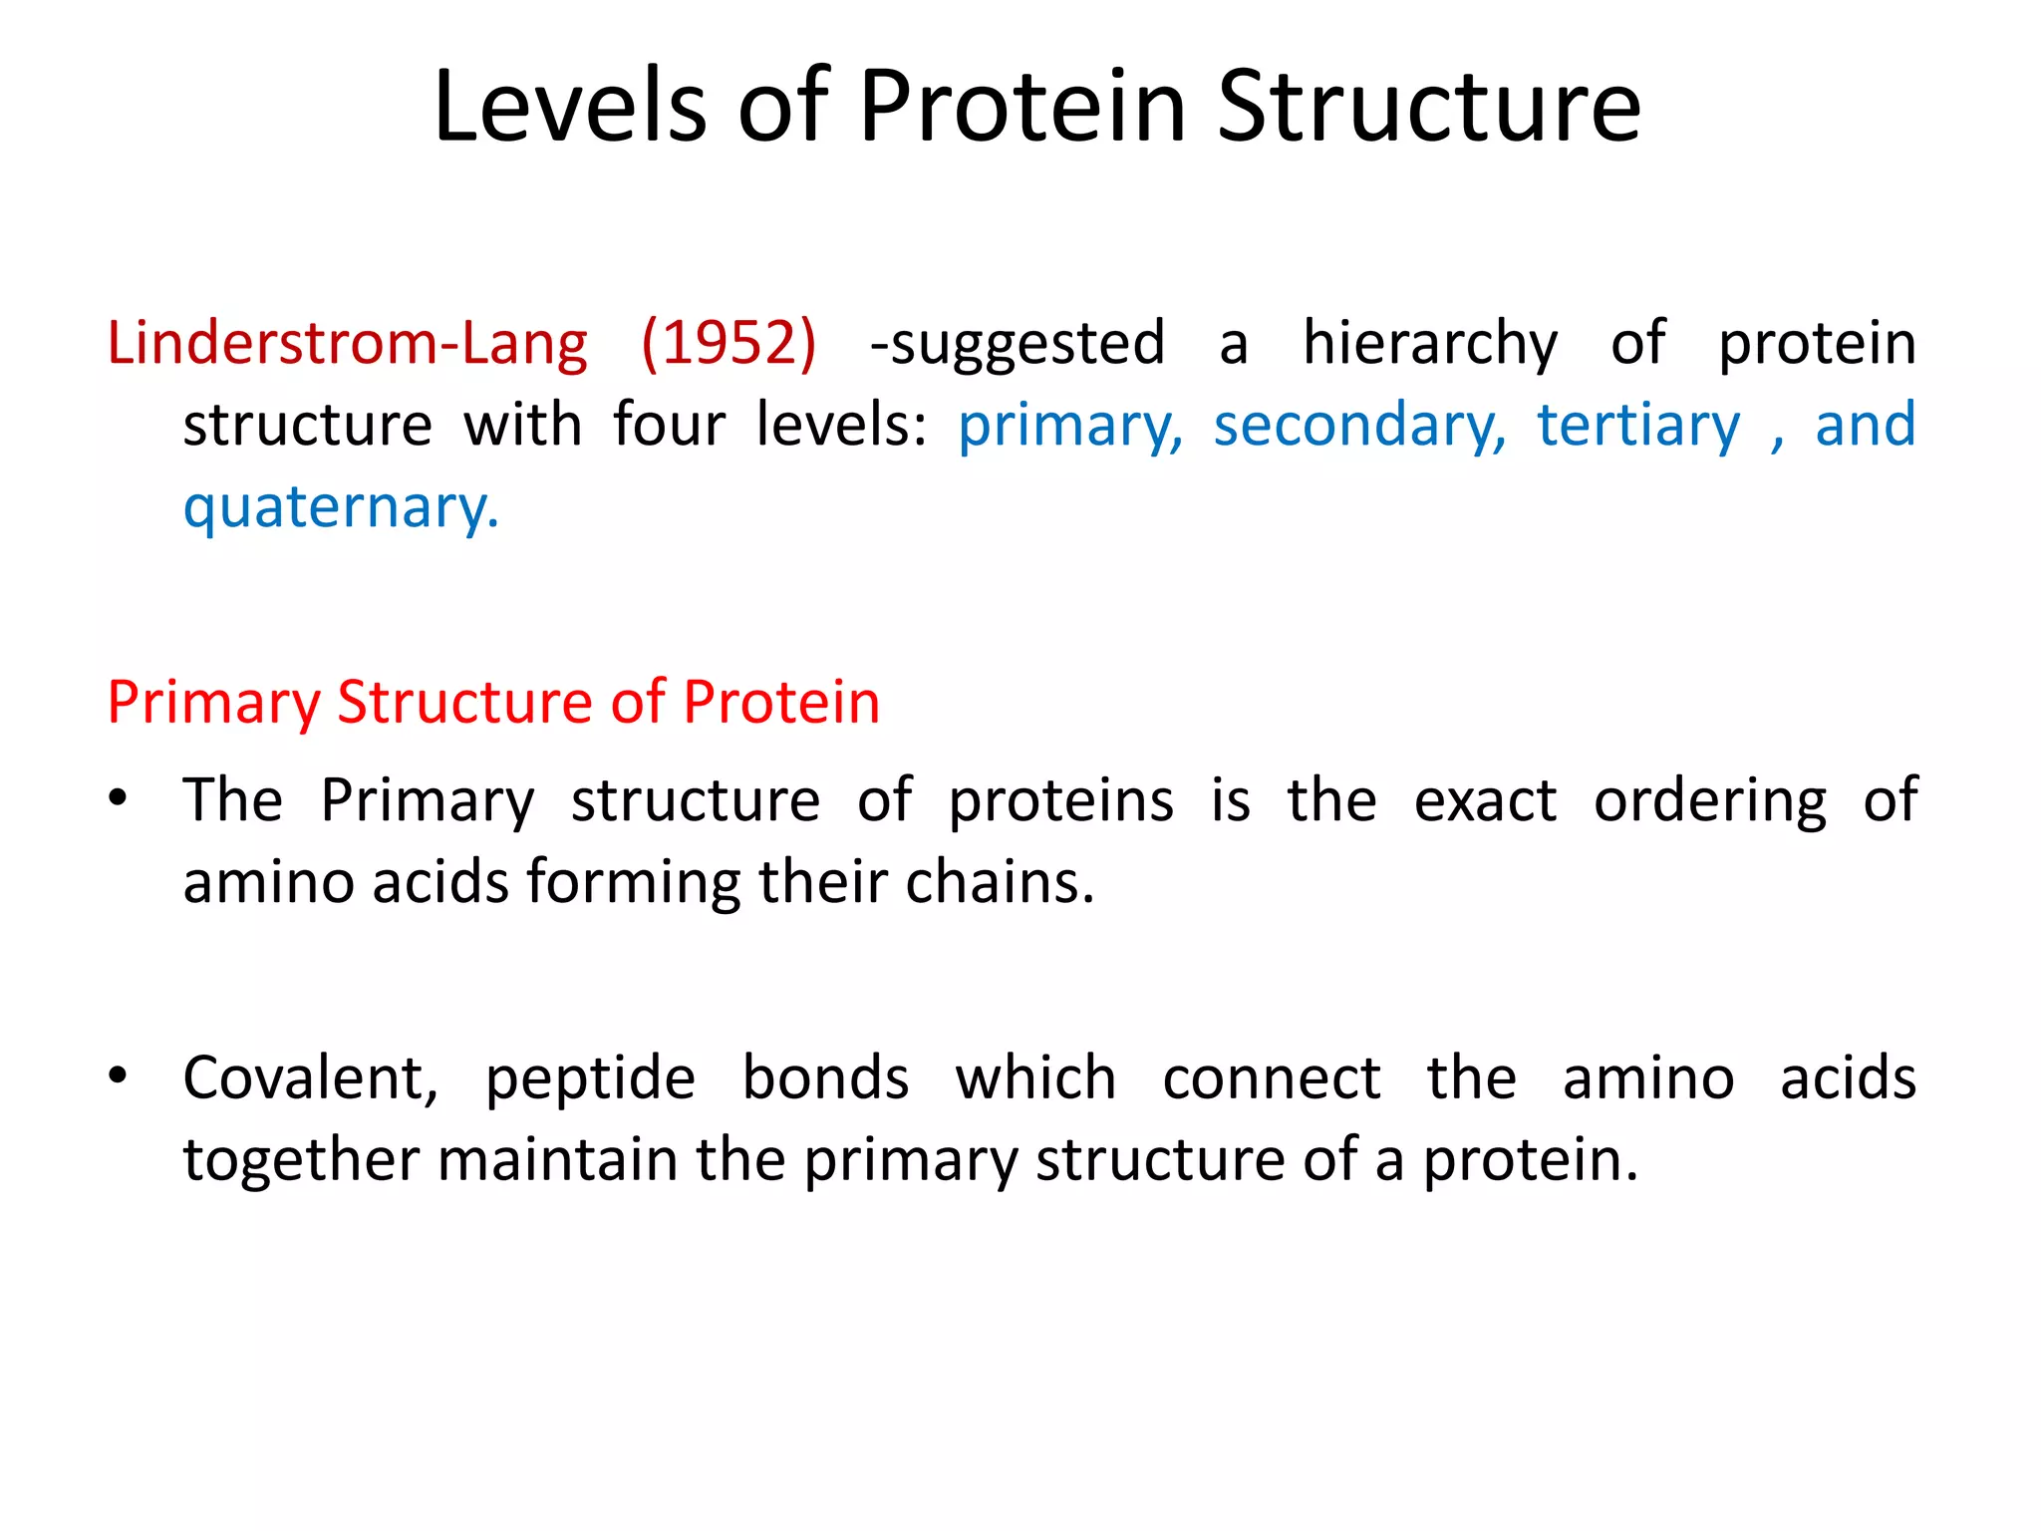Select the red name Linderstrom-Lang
coord(347,343)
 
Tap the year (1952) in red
coord(729,343)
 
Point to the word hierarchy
coord(1429,345)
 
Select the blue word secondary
coord(1359,427)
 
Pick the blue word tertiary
coord(1638,427)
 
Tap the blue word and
coord(1865,425)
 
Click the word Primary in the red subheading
coord(213,704)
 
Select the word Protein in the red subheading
coord(781,702)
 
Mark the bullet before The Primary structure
coord(119,798)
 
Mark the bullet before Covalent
coord(119,1075)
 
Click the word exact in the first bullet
coord(1485,800)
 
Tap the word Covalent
coord(310,1078)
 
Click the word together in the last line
coord(300,1161)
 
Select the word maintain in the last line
coord(557,1160)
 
